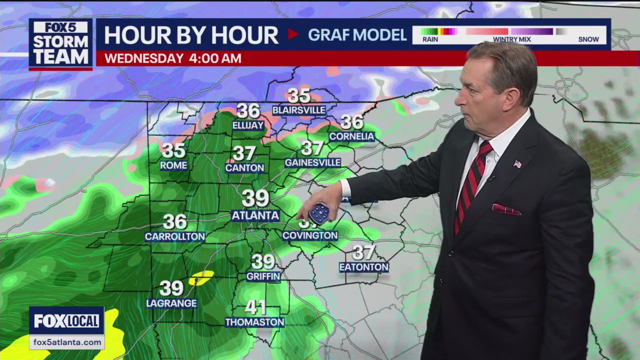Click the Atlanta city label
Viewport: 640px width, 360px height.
coord(255,215)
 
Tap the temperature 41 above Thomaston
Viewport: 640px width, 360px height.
coord(255,307)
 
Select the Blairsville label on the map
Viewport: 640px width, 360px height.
coord(298,110)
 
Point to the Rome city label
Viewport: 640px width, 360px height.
coord(173,165)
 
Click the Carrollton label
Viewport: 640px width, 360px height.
coord(175,236)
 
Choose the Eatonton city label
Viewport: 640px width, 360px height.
coord(363,267)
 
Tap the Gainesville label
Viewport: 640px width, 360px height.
coord(312,162)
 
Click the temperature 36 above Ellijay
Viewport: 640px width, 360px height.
coord(248,110)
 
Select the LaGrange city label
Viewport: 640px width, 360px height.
coord(171,303)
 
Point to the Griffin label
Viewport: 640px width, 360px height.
coord(263,276)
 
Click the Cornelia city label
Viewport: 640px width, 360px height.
coord(351,136)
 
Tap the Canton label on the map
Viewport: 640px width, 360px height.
coord(244,168)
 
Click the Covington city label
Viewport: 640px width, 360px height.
coord(310,235)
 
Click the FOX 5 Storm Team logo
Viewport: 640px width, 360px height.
coord(60,43)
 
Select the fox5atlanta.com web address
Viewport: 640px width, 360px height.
coord(66,342)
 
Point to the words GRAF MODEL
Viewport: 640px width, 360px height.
coord(357,34)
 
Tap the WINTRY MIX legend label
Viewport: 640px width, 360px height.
coord(511,39)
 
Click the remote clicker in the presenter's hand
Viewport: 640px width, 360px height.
coord(318,213)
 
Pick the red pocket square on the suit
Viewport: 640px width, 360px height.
coord(506,209)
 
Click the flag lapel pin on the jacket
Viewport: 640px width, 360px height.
coord(517,163)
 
